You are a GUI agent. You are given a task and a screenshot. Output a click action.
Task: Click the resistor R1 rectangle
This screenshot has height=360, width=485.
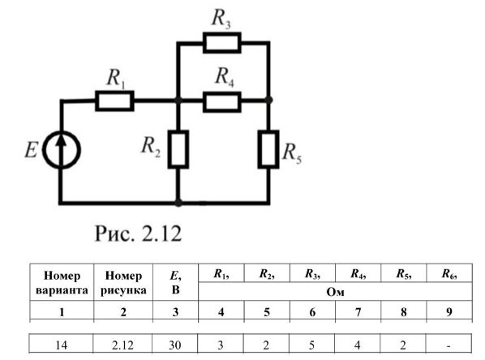(x=114, y=101)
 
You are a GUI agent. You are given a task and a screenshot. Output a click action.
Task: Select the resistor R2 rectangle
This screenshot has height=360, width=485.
(x=178, y=149)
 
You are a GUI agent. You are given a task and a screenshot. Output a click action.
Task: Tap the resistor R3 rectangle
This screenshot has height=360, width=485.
(x=221, y=42)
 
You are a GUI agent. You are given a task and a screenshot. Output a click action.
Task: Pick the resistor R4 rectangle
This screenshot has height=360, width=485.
(x=221, y=101)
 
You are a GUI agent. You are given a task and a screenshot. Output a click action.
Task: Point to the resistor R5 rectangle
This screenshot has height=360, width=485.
(x=268, y=149)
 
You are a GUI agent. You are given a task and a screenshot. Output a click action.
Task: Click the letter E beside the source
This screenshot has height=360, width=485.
(x=31, y=150)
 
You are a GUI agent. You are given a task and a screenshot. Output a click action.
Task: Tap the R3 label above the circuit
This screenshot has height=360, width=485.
(x=221, y=19)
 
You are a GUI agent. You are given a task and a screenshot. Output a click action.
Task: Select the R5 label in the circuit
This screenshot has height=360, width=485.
(x=292, y=153)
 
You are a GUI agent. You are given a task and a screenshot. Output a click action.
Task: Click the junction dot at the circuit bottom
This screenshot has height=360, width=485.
(x=178, y=203)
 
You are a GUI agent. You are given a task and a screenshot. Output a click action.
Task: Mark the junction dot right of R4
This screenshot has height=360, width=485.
(x=269, y=100)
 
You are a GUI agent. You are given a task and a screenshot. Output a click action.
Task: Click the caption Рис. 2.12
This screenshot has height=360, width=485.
(x=138, y=234)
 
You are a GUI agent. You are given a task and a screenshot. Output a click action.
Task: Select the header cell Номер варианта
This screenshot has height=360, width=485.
(x=62, y=282)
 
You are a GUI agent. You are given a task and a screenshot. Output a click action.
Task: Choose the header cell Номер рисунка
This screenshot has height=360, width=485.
(x=123, y=282)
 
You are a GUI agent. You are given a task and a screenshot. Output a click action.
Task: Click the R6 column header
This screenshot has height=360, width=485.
(x=449, y=273)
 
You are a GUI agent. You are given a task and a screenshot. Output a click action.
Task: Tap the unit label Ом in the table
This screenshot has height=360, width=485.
(x=335, y=292)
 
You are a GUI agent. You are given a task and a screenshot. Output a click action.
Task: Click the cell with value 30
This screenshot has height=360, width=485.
(x=175, y=345)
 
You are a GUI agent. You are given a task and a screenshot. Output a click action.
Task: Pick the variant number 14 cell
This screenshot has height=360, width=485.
(x=62, y=345)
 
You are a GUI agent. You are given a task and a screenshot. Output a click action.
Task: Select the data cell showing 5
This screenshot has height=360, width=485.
(x=311, y=345)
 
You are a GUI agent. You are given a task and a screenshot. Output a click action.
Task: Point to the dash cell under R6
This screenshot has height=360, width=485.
(x=449, y=345)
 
